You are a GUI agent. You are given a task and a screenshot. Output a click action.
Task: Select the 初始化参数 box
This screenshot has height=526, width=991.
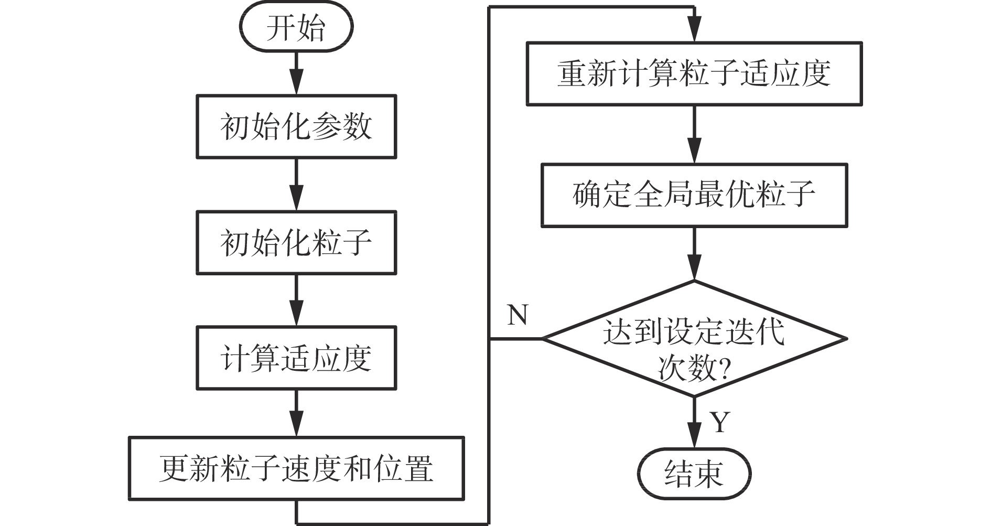[296, 126]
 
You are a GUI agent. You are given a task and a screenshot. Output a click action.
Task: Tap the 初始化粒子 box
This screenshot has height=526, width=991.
[296, 243]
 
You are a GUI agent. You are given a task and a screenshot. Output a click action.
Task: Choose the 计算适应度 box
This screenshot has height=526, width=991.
[296, 358]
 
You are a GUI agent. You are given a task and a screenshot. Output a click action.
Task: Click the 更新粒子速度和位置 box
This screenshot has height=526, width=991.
[296, 468]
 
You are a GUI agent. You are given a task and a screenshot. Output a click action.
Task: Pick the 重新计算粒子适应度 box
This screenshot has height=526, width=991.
[694, 74]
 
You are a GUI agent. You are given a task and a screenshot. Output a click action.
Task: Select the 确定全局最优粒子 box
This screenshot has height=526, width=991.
[694, 195]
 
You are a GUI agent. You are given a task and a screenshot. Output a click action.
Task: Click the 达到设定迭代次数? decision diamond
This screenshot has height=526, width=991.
[694, 339]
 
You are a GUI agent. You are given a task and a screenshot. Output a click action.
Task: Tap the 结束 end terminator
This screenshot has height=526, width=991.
[694, 474]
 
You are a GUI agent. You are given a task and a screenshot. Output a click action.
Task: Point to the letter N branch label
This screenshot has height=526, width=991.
[518, 315]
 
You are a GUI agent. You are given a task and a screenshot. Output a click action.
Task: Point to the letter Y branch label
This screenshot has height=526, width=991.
[720, 422]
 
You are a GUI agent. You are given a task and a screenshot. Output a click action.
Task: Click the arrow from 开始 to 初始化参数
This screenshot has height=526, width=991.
[296, 73]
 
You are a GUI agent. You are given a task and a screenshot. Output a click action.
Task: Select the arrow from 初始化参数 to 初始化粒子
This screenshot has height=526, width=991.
[296, 185]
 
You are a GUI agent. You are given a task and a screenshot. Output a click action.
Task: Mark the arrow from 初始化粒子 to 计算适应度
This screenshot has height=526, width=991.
[296, 300]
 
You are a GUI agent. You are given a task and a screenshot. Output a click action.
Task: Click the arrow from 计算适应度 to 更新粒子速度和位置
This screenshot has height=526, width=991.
[296, 413]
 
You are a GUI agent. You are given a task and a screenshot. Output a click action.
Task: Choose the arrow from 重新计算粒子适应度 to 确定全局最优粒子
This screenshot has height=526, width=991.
[694, 135]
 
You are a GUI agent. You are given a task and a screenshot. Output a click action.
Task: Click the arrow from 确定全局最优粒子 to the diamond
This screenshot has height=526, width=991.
[694, 254]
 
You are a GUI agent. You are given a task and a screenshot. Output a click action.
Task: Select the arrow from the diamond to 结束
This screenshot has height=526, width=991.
[694, 423]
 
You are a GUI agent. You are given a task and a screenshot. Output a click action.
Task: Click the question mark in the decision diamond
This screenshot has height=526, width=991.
[723, 370]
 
